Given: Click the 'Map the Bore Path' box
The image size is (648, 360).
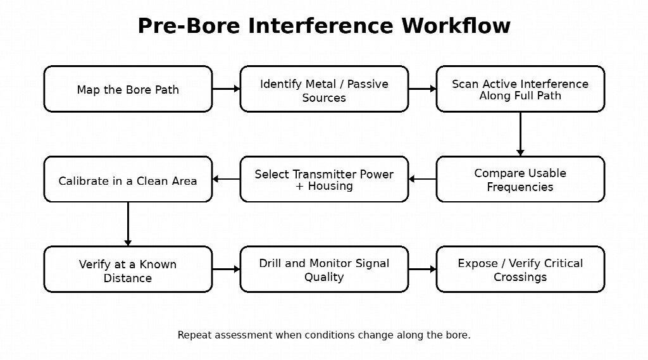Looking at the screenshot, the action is coord(128,89).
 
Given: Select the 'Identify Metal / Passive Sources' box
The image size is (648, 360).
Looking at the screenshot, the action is coord(324,89).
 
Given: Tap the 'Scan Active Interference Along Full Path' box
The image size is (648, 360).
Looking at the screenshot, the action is coord(520,89).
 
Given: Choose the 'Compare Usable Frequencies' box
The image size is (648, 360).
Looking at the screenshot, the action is coord(520,179).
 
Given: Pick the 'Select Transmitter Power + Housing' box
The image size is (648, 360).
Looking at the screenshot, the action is coord(324,179).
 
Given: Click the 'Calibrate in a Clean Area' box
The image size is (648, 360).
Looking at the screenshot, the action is coord(128,179).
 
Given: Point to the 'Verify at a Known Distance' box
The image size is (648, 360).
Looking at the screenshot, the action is coord(128,270).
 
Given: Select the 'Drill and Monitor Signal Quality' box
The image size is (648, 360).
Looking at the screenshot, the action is coord(324,270).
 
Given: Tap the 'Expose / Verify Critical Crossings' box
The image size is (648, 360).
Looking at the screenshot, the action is coord(520,270).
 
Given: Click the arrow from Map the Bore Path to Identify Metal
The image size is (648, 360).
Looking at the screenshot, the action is coord(227,89).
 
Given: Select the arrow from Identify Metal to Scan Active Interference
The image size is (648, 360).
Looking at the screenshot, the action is coord(422,89).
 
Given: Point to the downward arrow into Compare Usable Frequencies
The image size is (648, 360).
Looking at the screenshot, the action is coord(520,134).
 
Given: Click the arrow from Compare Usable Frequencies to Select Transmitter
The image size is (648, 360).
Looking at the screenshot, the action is coord(422,179).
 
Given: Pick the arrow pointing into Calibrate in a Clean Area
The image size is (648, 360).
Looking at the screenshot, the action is coord(227,179).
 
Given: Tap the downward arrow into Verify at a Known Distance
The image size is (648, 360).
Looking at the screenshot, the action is coord(128,224).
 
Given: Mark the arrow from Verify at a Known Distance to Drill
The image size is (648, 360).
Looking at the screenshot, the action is coord(227,270).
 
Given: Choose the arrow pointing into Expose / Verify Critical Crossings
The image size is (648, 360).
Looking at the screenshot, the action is coord(422,270).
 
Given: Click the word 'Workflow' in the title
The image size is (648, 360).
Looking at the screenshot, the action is coord(456,26).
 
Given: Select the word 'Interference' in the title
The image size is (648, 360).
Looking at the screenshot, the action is coord(320,26).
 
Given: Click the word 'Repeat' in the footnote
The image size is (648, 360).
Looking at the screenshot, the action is coord(190,335).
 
